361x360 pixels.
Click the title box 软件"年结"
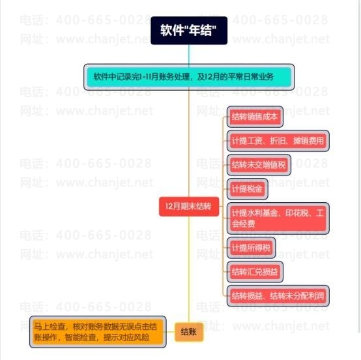click(189, 31)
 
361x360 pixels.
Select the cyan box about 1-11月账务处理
click(189, 77)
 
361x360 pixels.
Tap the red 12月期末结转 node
click(189, 207)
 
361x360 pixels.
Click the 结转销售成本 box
click(255, 117)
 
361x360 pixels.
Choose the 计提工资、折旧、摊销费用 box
click(278, 141)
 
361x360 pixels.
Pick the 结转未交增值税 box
click(259, 165)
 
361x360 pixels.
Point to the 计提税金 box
click(247, 189)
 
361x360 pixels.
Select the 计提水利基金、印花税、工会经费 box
click(278, 218)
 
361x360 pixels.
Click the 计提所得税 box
click(251, 248)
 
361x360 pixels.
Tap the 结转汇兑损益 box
click(255, 272)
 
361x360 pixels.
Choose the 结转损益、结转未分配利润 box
click(278, 296)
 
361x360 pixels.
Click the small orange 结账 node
click(189, 332)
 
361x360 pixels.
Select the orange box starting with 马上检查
click(98, 332)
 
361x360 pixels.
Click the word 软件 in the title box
click(169, 30)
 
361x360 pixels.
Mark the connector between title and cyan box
click(189, 54)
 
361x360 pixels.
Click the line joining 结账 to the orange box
click(170, 332)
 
